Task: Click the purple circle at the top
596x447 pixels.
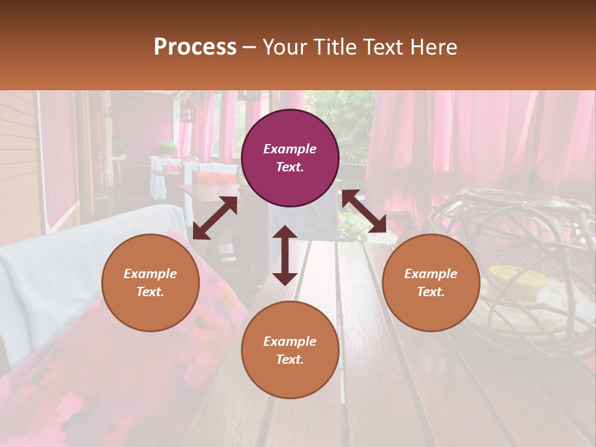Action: (290, 158)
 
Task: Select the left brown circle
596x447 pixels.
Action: (150, 282)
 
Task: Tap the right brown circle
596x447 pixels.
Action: (431, 282)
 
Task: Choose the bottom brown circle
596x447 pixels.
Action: (290, 350)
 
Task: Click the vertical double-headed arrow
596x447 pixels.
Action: (285, 255)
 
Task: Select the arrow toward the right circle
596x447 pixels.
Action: (364, 211)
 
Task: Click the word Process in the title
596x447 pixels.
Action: (195, 47)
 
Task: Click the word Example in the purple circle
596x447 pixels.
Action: (290, 149)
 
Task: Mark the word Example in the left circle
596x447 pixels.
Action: (150, 274)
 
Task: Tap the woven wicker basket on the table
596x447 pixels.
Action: (521, 261)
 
